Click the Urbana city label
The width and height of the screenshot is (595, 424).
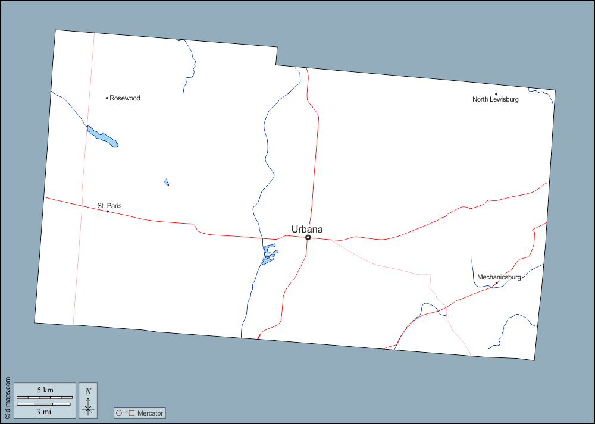tap(307, 230)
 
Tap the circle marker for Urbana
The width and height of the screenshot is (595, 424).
tap(308, 238)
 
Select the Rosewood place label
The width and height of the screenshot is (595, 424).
tap(125, 98)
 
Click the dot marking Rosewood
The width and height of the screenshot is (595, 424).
tap(107, 98)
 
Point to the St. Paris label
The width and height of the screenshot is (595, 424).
tap(109, 206)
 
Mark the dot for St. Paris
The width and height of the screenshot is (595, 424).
tap(107, 212)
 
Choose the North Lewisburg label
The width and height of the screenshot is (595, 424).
tap(496, 99)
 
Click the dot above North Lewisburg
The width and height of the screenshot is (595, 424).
tap(496, 94)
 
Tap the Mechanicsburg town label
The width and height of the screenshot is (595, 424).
tap(499, 277)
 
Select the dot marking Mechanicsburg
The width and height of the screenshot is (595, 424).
tap(496, 283)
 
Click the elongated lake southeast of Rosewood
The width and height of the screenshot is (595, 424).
tap(102, 137)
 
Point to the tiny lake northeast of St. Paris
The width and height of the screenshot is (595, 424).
tap(167, 182)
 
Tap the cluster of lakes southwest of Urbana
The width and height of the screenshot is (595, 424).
tap(269, 255)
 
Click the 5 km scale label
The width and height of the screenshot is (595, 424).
tap(45, 390)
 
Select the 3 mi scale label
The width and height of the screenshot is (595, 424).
tap(43, 411)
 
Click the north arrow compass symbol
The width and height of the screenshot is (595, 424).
tap(88, 409)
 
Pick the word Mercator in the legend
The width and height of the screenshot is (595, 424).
tap(150, 413)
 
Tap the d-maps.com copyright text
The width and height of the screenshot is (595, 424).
tap(7, 396)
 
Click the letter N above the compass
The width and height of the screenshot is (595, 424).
tap(88, 391)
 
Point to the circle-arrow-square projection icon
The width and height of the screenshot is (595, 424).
tap(126, 413)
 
